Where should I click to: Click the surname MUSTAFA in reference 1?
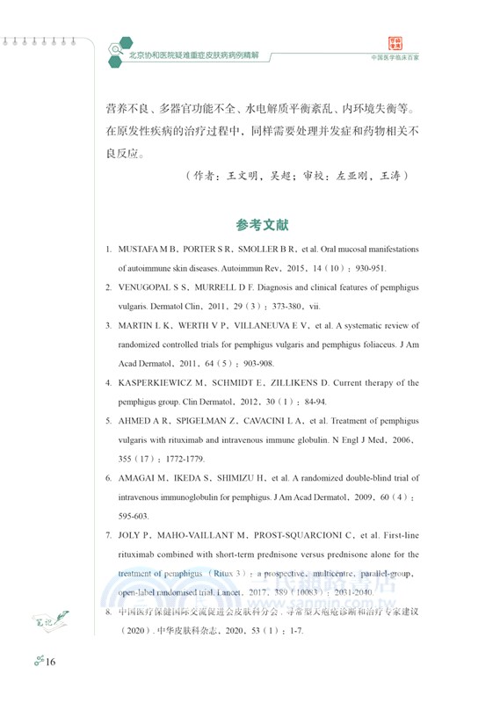(x=142, y=250)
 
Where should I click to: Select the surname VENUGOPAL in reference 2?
(x=149, y=287)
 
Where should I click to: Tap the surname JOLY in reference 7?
(x=132, y=536)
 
